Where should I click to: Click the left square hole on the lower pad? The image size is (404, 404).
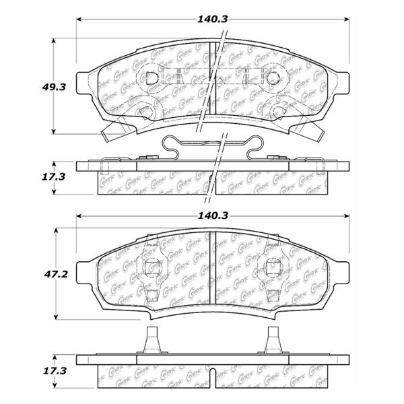pyautogui.click(x=152, y=267)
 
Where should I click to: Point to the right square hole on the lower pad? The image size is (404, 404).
pyautogui.click(x=273, y=267)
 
